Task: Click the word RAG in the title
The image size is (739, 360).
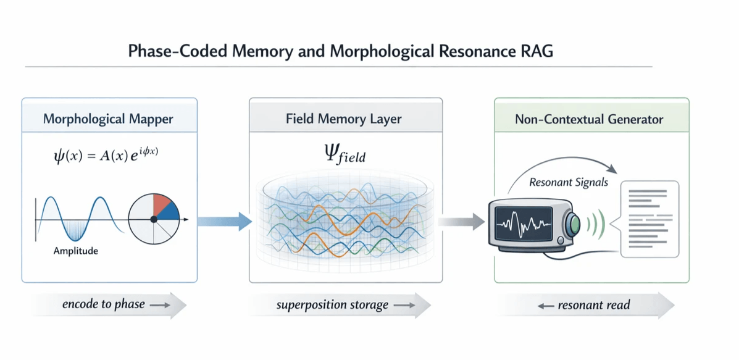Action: click(x=535, y=51)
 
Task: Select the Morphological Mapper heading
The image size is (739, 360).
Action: click(x=109, y=119)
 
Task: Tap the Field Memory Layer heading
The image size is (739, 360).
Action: click(x=345, y=119)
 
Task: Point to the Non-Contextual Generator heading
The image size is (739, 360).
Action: click(x=589, y=119)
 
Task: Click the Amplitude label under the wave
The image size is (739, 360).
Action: click(x=75, y=251)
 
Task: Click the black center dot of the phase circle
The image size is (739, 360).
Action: click(x=154, y=219)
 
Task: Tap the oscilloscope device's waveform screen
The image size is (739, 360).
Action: click(x=526, y=224)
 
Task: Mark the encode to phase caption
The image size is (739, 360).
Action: click(x=103, y=304)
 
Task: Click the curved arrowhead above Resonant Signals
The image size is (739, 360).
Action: click(x=613, y=169)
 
